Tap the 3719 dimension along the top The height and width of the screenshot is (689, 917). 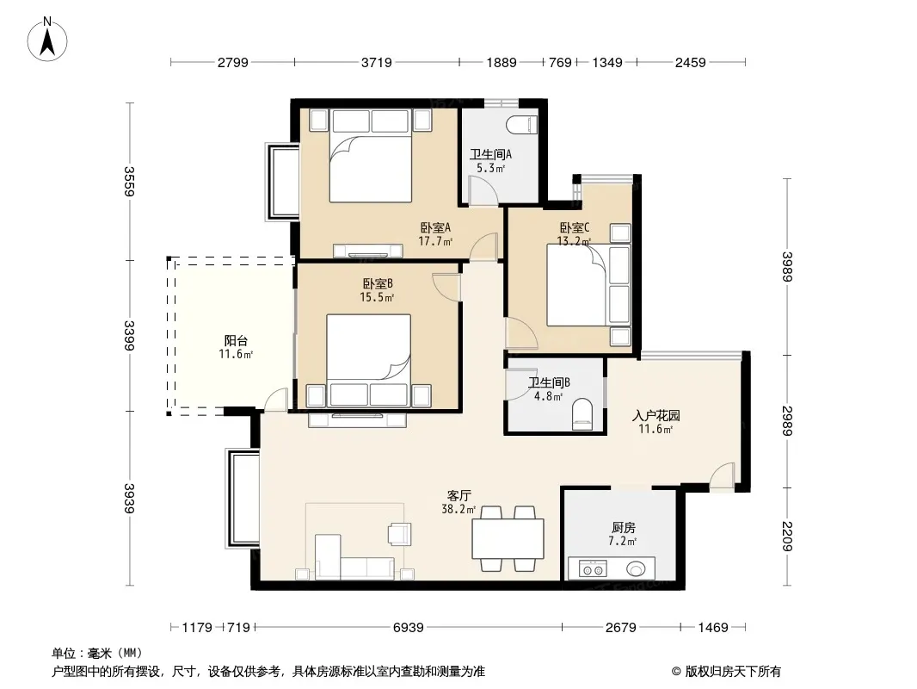point(376,62)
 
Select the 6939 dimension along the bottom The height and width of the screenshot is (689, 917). point(408,628)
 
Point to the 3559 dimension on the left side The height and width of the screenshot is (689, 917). point(129,182)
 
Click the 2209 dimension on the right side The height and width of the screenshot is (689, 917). point(787,536)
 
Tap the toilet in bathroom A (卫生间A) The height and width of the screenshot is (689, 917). point(521,125)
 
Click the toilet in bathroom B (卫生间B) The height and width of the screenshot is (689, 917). point(582,414)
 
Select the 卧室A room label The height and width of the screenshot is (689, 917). point(435,227)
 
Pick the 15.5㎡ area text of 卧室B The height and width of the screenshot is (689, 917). point(377,297)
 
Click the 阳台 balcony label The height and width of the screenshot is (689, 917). point(236,341)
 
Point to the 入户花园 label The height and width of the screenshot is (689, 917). point(656,416)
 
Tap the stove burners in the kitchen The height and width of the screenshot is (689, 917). point(592,568)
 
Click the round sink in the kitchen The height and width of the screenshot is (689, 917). point(636,568)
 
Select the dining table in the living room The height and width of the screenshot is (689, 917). point(508,538)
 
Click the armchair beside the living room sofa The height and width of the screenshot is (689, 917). point(399,534)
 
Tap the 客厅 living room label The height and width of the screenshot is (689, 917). point(459,496)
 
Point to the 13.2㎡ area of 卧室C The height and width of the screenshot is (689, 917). point(574,241)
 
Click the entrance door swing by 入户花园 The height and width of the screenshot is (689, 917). point(722,475)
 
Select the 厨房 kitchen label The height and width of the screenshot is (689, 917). point(624,527)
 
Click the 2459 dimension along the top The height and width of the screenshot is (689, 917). point(691,62)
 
